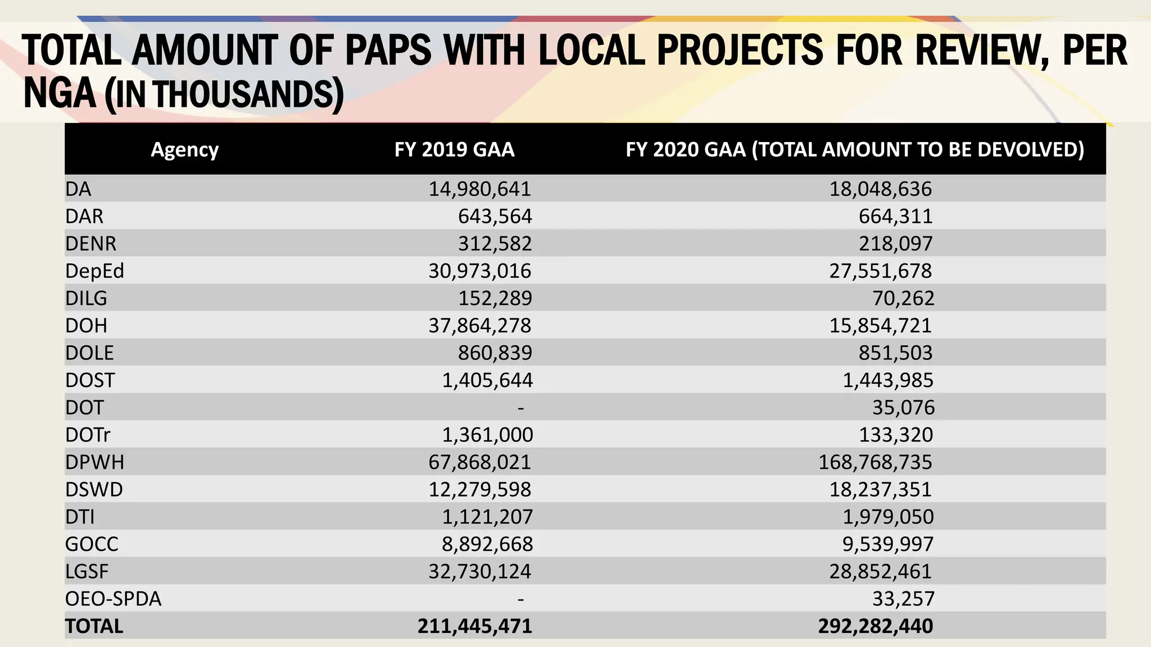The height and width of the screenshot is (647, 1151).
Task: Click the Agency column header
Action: tap(184, 149)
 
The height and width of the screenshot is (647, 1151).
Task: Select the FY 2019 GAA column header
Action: tap(454, 149)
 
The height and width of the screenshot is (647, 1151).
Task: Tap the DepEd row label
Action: tap(94, 271)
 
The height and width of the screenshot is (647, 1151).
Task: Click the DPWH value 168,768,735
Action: tap(875, 462)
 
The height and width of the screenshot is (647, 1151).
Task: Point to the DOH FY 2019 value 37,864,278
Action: tap(479, 326)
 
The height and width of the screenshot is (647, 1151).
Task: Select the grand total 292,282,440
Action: tap(875, 626)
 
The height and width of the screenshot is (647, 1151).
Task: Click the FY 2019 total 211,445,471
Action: tap(474, 626)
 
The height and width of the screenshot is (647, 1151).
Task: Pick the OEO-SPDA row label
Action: tap(113, 599)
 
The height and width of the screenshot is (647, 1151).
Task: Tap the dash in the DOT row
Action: tap(520, 408)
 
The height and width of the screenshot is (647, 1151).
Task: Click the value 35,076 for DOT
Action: tap(903, 408)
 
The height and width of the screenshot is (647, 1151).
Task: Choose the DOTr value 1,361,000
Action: tap(487, 435)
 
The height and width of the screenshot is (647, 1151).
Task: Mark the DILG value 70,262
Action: tap(903, 298)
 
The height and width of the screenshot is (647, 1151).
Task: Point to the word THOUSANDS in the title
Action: tap(244, 94)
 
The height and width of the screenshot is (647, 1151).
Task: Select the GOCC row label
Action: tap(92, 544)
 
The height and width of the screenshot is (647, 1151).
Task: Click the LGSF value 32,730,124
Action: tap(479, 571)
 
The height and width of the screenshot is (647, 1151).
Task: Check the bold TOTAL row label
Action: tap(94, 626)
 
